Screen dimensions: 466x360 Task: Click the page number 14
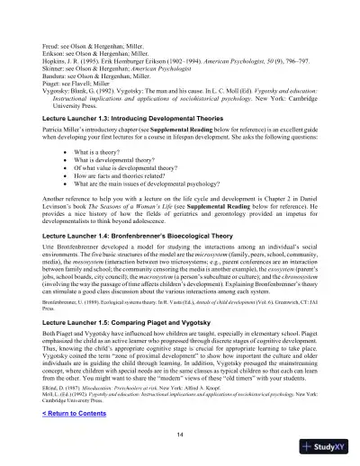pos(180,432)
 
